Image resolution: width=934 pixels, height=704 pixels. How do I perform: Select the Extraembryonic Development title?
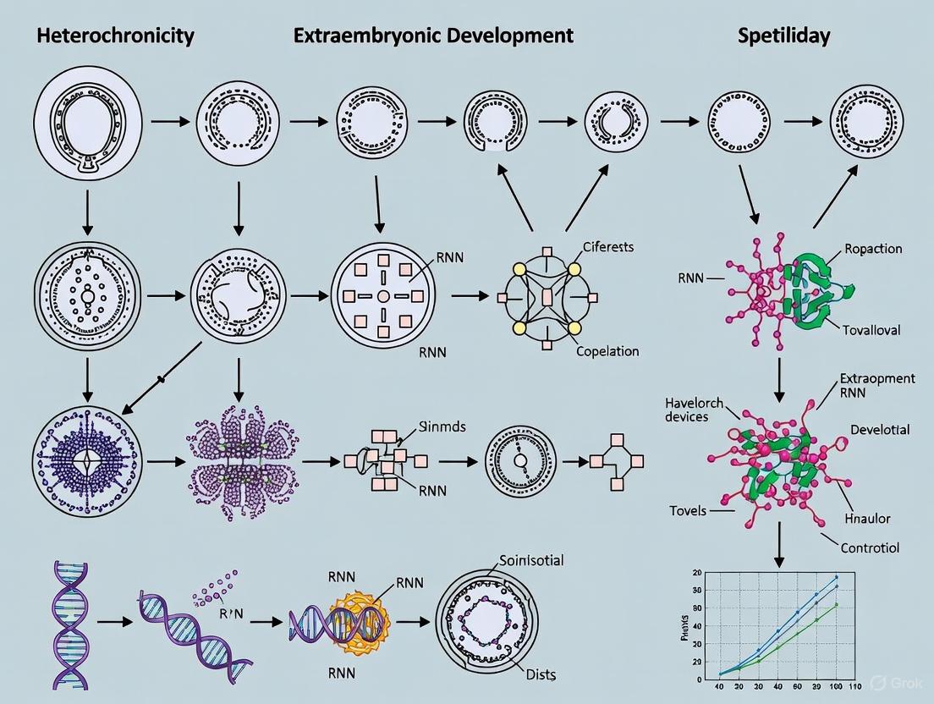(x=432, y=36)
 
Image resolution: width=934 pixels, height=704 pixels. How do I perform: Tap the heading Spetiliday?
(x=783, y=36)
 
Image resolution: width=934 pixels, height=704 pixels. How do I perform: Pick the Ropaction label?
(x=873, y=249)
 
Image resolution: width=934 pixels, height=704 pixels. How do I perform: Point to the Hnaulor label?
(x=867, y=518)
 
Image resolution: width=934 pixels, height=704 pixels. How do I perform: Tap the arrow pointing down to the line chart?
(x=779, y=550)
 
